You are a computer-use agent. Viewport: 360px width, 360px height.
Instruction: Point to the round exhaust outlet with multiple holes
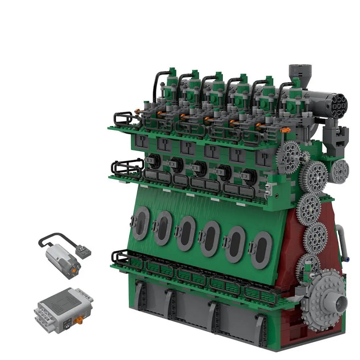pos(339,102)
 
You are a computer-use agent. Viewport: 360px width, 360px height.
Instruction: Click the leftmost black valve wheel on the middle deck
pos(155,161)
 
